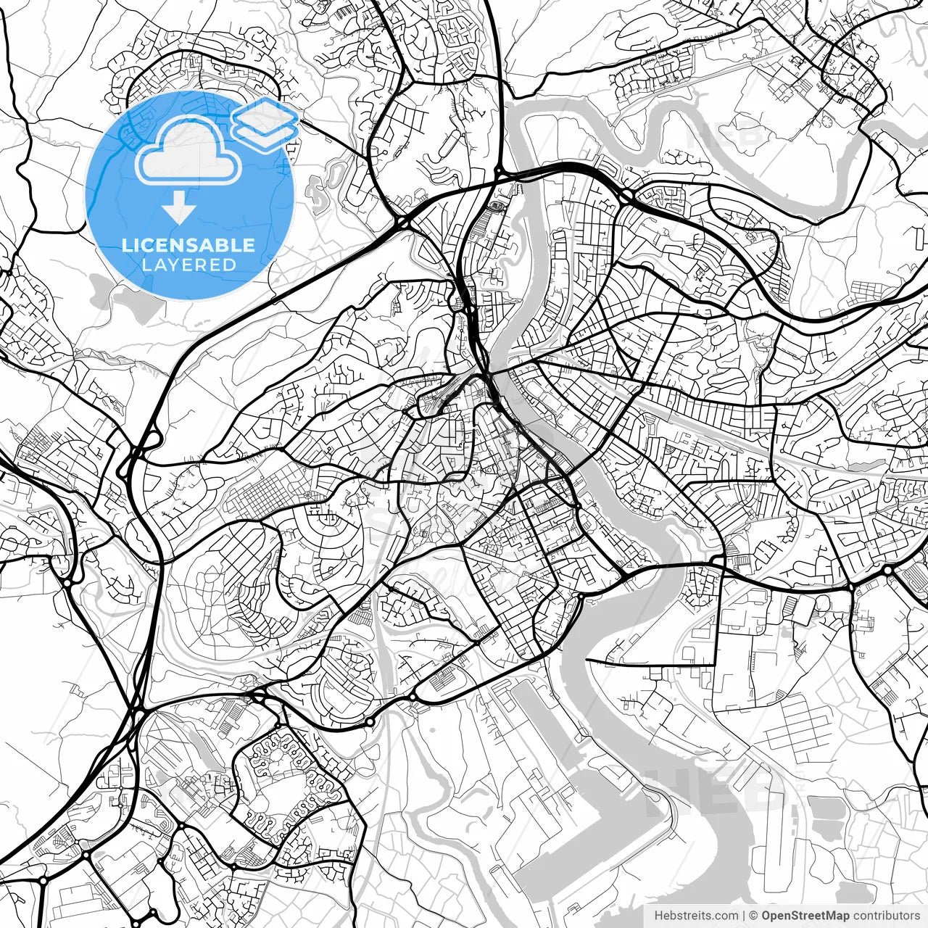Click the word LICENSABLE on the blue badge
coord(188,245)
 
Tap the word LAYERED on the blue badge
coord(188,265)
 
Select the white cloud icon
coord(188,150)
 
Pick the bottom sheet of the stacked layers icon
coord(265,135)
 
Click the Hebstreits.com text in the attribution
coord(697,916)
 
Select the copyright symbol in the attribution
coord(754,916)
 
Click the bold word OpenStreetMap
coord(805,916)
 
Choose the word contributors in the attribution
coord(885,916)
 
